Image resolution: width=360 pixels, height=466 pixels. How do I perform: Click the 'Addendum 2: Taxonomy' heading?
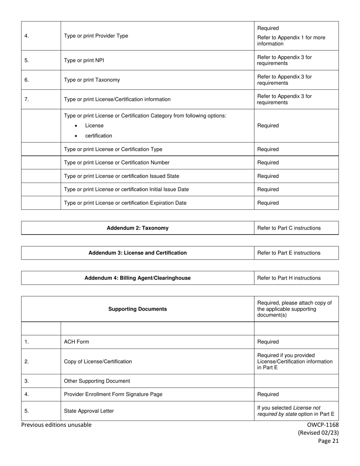pyautogui.click(x=138, y=228)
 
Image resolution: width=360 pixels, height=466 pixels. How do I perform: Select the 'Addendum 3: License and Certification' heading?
pyautogui.click(x=138, y=253)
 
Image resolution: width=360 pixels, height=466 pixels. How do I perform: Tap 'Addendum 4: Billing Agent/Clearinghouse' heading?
pyautogui.click(x=138, y=278)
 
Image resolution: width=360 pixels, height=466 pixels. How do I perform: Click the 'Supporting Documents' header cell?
pyautogui.click(x=138, y=309)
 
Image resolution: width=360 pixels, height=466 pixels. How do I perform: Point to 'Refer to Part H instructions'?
pyautogui.click(x=289, y=278)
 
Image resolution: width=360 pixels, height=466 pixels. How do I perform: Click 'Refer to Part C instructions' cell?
pyautogui.click(x=289, y=228)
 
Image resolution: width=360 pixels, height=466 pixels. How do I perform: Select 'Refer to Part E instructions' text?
pyautogui.click(x=289, y=253)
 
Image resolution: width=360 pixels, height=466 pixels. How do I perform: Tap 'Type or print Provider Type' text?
pyautogui.click(x=96, y=36)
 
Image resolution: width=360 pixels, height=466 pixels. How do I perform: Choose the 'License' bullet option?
pyautogui.click(x=94, y=126)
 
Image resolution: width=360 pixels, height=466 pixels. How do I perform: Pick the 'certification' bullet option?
pyautogui.click(x=99, y=136)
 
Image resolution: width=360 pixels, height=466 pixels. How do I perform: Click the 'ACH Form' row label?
pyautogui.click(x=77, y=342)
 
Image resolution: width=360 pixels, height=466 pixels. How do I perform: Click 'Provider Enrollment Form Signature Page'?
pyautogui.click(x=113, y=394)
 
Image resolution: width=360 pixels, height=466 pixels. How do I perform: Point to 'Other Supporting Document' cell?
pyautogui.click(x=97, y=381)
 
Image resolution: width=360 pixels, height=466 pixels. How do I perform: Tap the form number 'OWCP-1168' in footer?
pyautogui.click(x=323, y=425)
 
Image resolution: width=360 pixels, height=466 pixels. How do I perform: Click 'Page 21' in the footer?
pyautogui.click(x=328, y=441)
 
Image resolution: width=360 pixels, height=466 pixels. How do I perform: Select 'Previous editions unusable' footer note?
pyautogui.click(x=56, y=425)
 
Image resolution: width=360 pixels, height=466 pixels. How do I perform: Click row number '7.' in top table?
pyautogui.click(x=27, y=99)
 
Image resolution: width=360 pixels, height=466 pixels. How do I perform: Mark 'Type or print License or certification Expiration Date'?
pyautogui.click(x=125, y=203)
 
